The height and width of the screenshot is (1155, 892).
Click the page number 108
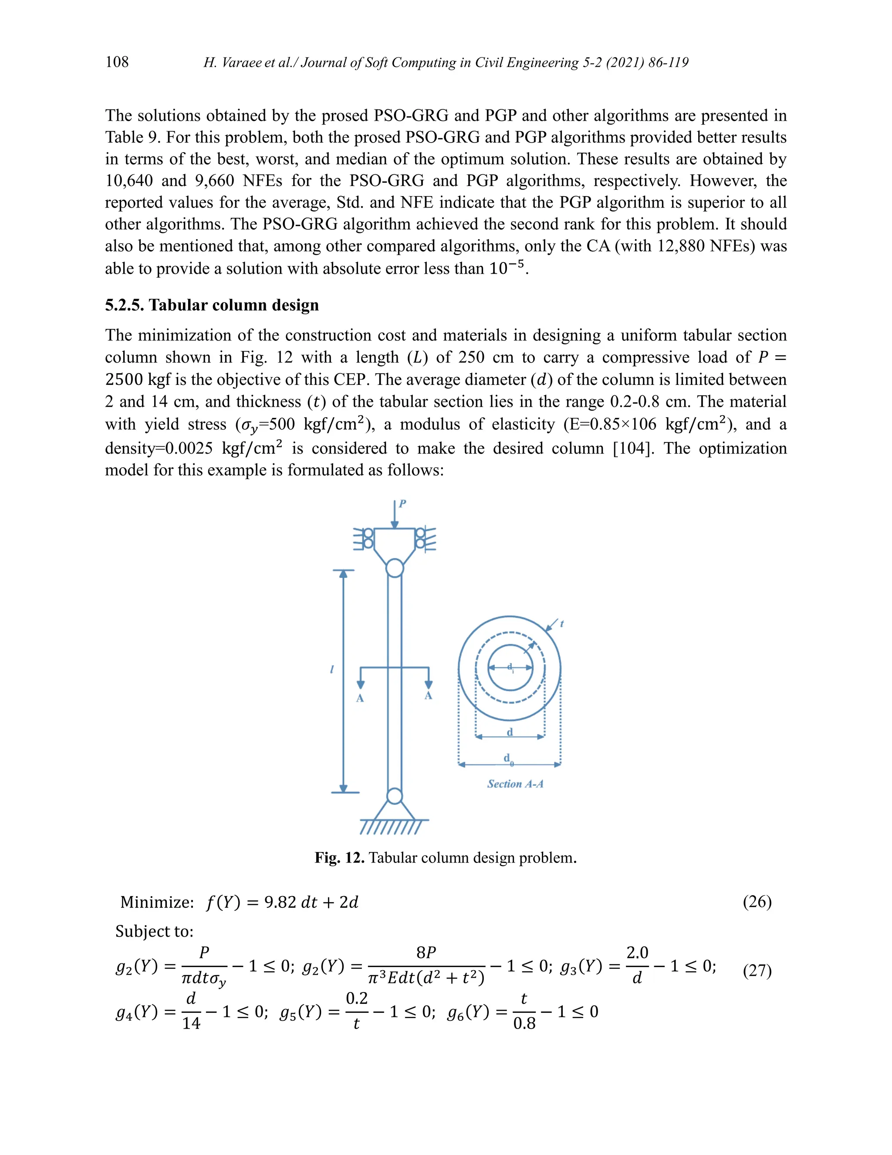click(x=117, y=62)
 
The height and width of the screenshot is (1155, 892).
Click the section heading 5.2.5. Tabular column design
click(x=212, y=305)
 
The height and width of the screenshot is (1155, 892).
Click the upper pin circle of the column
click(x=395, y=568)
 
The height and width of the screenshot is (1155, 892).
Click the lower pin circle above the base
click(x=395, y=796)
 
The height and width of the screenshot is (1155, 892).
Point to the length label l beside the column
click(x=332, y=669)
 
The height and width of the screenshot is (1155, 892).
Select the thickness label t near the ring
click(x=562, y=624)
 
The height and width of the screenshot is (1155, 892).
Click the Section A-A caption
click(x=515, y=784)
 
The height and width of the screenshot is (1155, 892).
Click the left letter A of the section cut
click(x=360, y=698)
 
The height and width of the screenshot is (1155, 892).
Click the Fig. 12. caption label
click(x=339, y=857)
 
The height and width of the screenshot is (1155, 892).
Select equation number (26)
click(x=757, y=902)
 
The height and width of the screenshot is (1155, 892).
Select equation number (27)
click(x=757, y=971)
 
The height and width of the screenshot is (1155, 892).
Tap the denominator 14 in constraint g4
click(x=191, y=1023)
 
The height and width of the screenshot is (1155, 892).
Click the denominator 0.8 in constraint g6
click(x=524, y=1024)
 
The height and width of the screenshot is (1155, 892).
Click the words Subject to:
click(x=154, y=931)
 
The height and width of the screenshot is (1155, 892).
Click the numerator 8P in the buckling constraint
click(x=426, y=952)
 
